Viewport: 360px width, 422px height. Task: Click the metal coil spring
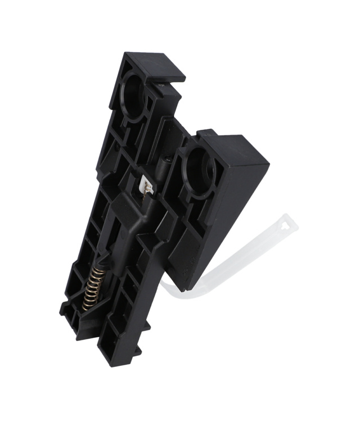(95, 287)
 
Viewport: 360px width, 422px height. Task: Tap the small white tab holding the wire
(146, 185)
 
